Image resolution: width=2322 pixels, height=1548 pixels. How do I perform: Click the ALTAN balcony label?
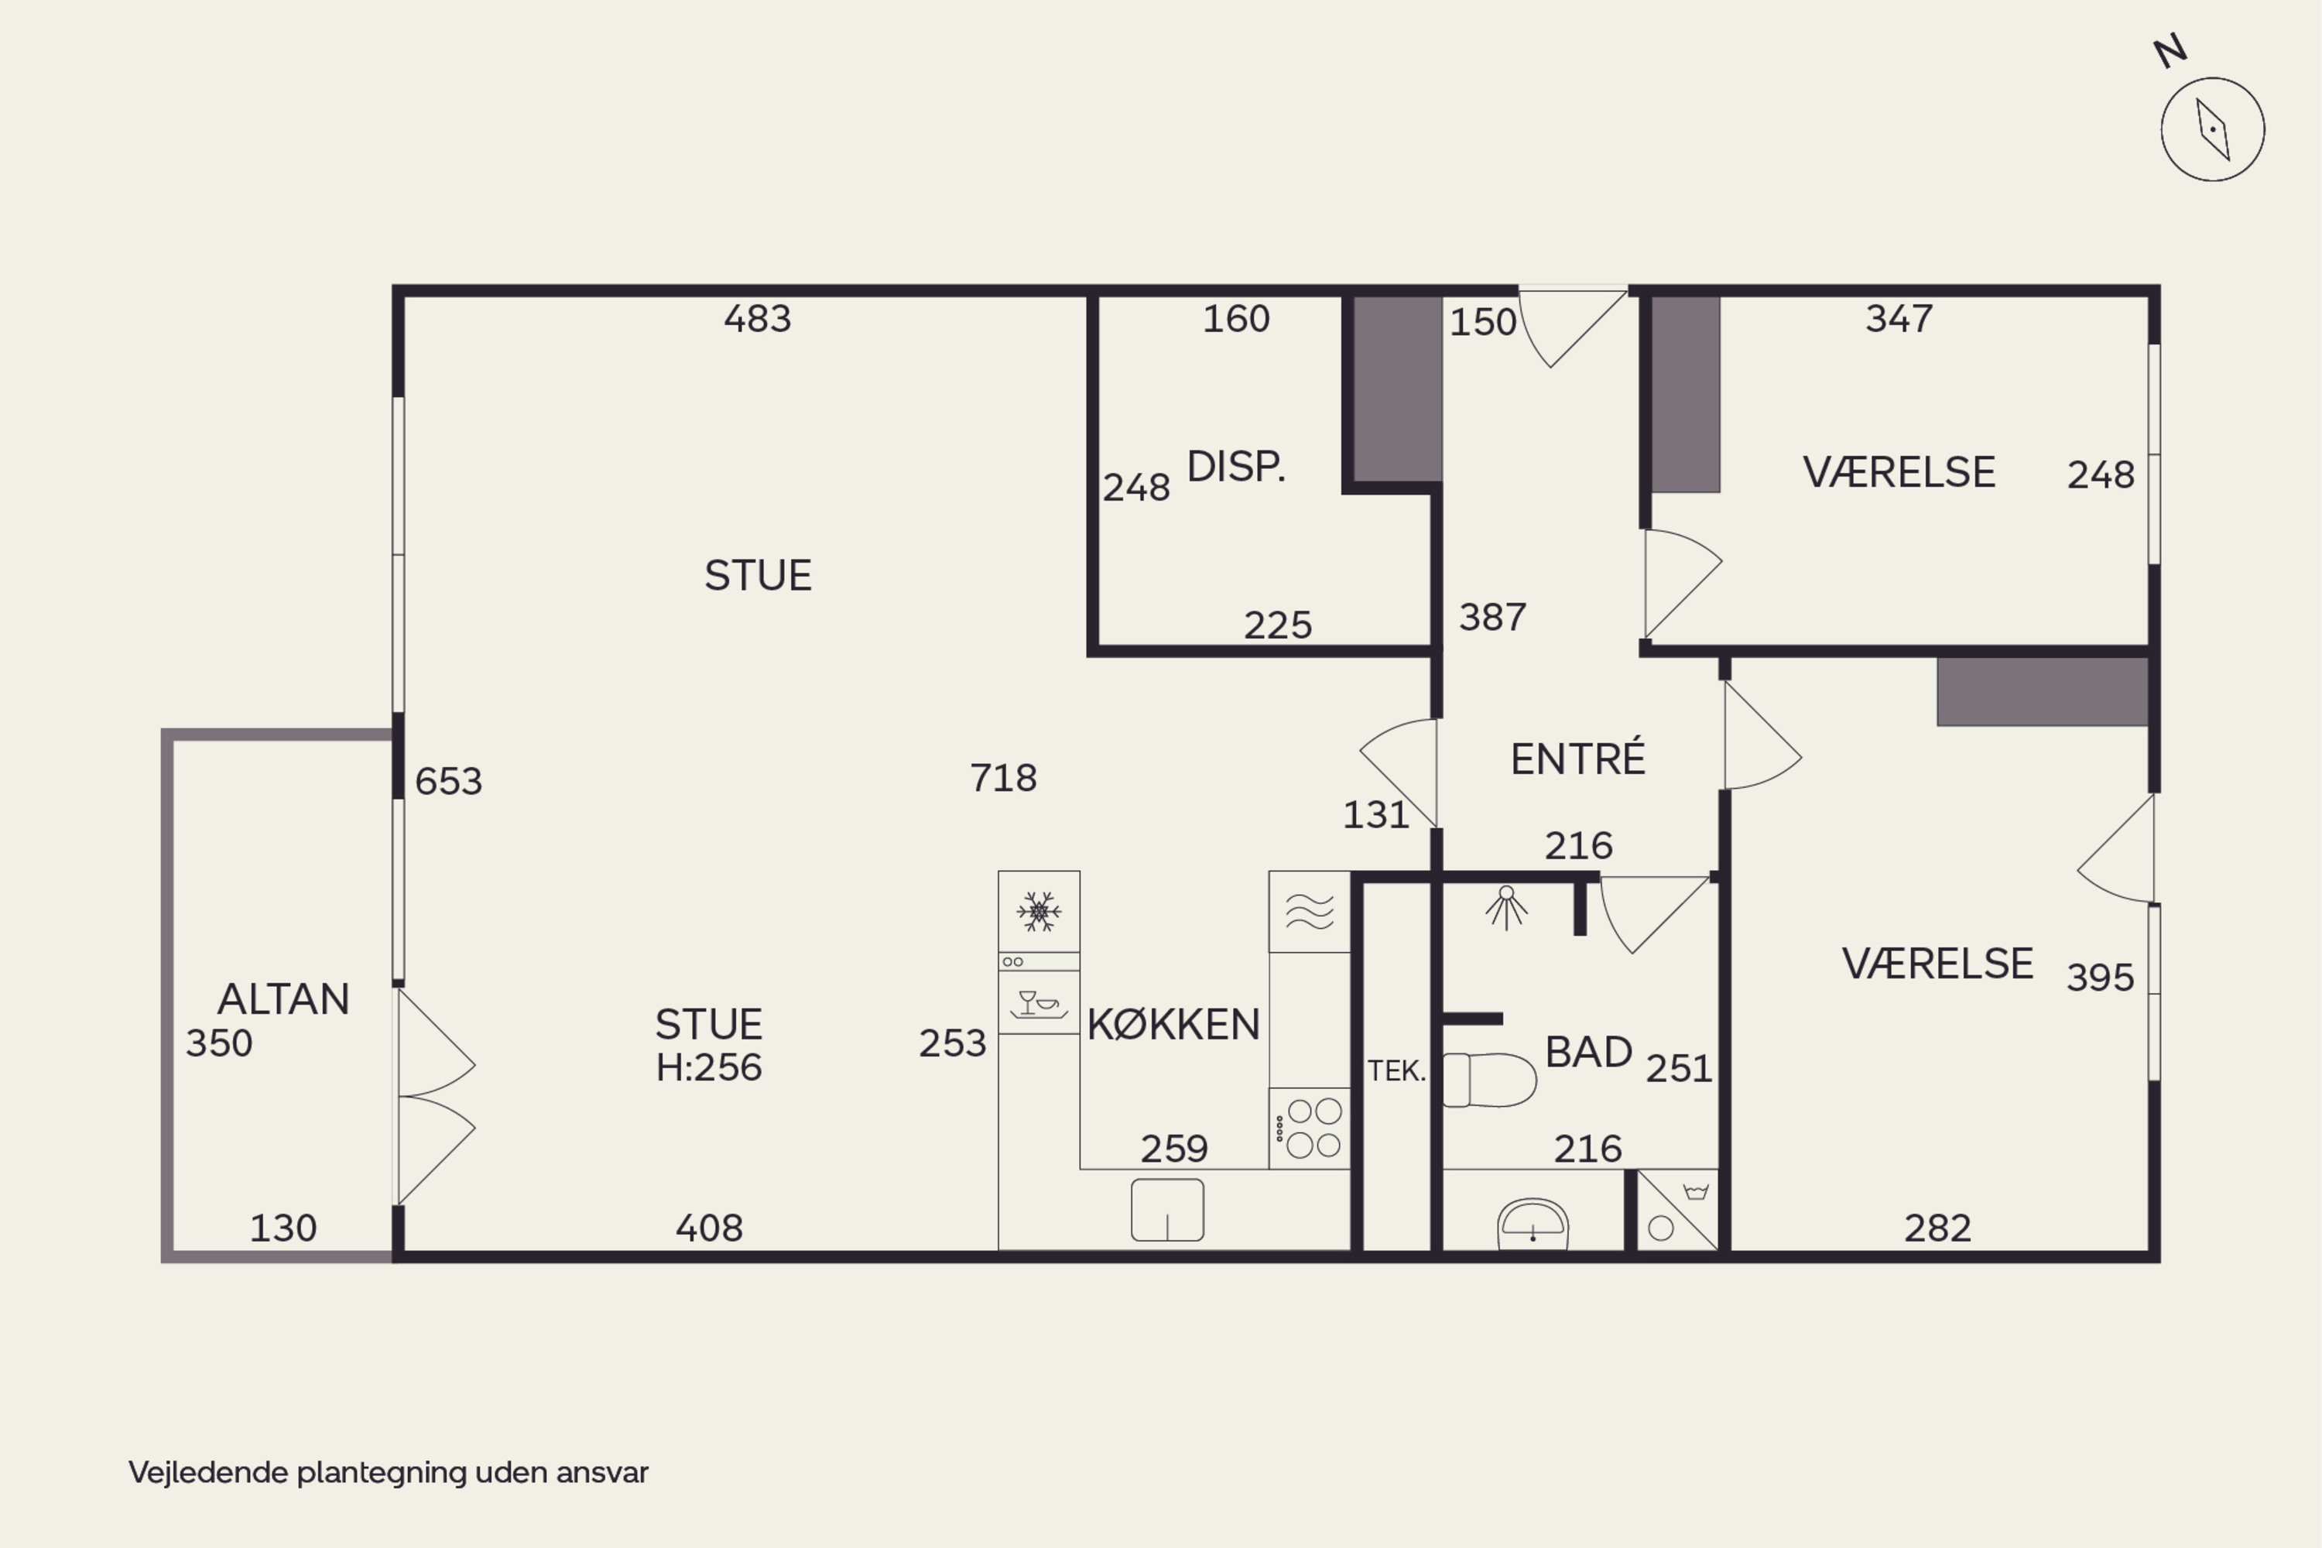click(x=283, y=999)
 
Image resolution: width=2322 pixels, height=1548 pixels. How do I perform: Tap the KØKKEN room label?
click(x=1173, y=1024)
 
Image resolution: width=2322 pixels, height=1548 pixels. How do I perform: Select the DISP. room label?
click(x=1236, y=466)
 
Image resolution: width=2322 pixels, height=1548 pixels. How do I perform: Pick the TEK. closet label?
click(x=1397, y=1070)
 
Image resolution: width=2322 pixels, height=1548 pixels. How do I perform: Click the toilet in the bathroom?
click(x=1488, y=1079)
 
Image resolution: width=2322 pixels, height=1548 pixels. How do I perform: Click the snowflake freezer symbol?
click(x=1039, y=911)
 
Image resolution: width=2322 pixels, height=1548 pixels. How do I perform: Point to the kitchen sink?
click(x=1167, y=1209)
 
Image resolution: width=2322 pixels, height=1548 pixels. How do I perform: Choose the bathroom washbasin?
click(x=1533, y=1224)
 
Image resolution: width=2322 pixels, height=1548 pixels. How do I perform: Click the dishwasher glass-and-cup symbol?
click(x=1039, y=1004)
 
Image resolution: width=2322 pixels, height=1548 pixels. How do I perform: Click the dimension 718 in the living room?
click(x=1003, y=778)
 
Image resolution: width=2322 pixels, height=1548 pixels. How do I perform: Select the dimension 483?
click(x=757, y=319)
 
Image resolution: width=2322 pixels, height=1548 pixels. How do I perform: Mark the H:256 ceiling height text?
click(x=709, y=1067)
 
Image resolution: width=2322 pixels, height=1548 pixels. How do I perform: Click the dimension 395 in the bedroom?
click(x=2100, y=978)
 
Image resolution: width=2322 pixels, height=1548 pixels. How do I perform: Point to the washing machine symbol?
click(x=1676, y=1211)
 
